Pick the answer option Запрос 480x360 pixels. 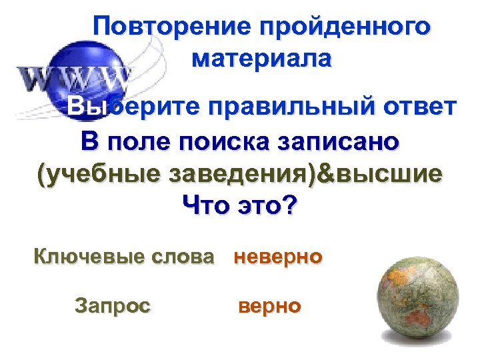coord(113,306)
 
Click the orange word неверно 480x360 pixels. coord(278,257)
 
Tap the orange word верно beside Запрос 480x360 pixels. coord(269,306)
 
